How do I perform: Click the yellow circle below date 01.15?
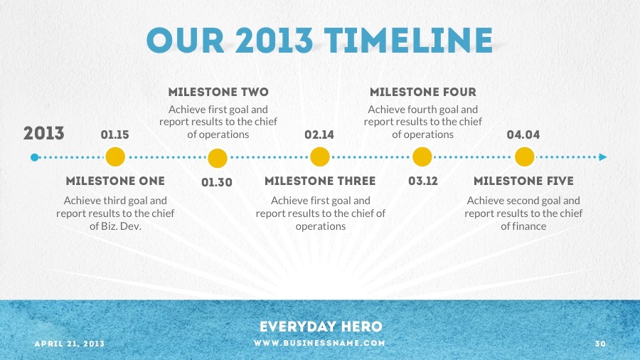tap(115, 157)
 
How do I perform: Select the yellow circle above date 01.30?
tap(218, 159)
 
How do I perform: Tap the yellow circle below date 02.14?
tap(320, 157)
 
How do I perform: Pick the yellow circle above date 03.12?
tap(422, 157)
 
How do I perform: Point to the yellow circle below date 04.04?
tap(525, 157)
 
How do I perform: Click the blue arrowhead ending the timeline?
tap(603, 157)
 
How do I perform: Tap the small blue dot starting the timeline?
tap(35, 157)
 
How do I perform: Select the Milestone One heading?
tap(115, 181)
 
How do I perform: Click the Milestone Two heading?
tap(218, 92)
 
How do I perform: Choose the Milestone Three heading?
tap(320, 181)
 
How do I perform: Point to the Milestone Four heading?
tap(423, 92)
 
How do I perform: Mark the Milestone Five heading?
tap(523, 181)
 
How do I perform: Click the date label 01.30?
tap(217, 182)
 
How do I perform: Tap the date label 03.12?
tap(423, 181)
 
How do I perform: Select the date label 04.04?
tap(523, 134)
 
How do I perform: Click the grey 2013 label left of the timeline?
tap(43, 134)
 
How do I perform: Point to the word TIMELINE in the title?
tap(409, 41)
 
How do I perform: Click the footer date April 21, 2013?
tap(70, 344)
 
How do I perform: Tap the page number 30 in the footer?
tap(600, 344)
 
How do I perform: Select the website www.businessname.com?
tap(319, 343)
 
